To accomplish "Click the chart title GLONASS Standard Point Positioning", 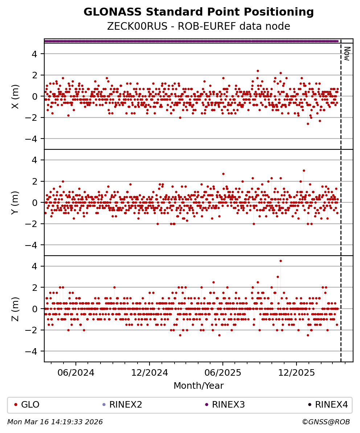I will (x=199, y=12).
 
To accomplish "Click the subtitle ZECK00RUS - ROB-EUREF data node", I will (x=199, y=26).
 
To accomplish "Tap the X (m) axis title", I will (x=15, y=96).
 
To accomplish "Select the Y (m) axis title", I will (x=15, y=202).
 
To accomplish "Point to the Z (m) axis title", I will (x=15, y=309).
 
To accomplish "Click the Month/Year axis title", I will (x=199, y=386).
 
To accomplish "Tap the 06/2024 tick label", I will (x=76, y=372).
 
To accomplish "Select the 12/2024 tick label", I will (x=150, y=372).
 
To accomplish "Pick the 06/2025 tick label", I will (x=222, y=372).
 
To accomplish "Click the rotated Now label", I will (x=347, y=54).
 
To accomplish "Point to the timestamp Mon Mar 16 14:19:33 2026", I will (x=55, y=422).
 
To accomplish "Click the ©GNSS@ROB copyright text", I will (x=326, y=422).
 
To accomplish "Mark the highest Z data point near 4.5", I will (x=281, y=261).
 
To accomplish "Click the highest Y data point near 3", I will (x=304, y=170).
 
